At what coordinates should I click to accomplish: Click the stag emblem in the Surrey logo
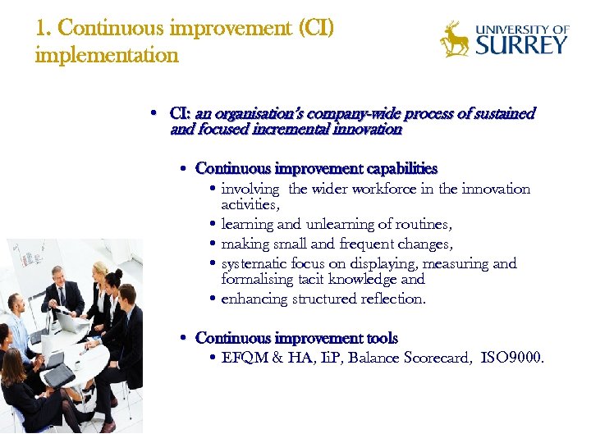click(454, 39)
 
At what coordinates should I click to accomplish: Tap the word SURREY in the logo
click(521, 44)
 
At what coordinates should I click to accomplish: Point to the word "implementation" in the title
click(107, 55)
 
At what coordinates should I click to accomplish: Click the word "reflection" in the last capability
click(391, 299)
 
